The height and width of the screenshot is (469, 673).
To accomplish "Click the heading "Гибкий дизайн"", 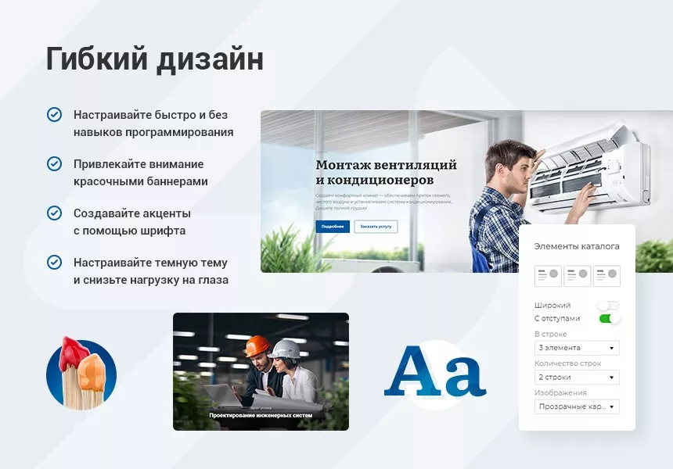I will (155, 59).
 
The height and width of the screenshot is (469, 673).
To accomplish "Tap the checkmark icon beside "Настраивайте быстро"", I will (54, 115).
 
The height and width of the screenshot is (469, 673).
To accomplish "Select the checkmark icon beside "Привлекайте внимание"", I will (54, 164).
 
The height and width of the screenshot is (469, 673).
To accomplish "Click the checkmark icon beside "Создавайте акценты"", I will (54, 213).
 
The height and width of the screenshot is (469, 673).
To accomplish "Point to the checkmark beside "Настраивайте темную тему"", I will (54, 263).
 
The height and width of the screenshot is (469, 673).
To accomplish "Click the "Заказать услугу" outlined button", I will (376, 227).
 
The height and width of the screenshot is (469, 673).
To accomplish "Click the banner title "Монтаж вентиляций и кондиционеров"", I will (386, 172).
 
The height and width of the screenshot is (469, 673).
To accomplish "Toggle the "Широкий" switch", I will (608, 306).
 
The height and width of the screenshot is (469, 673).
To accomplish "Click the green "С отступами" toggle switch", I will (609, 319).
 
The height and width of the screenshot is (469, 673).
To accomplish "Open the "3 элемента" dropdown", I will (577, 348).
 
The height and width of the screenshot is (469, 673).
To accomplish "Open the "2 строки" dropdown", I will (577, 378).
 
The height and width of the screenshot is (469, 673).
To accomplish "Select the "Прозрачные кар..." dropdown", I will (577, 406).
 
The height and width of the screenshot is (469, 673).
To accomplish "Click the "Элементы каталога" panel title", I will (577, 246).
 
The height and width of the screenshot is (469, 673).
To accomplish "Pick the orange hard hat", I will (257, 345).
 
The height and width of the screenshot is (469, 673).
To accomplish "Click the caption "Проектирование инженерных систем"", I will (261, 416).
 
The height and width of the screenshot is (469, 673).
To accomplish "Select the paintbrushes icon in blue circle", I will (81, 374).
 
